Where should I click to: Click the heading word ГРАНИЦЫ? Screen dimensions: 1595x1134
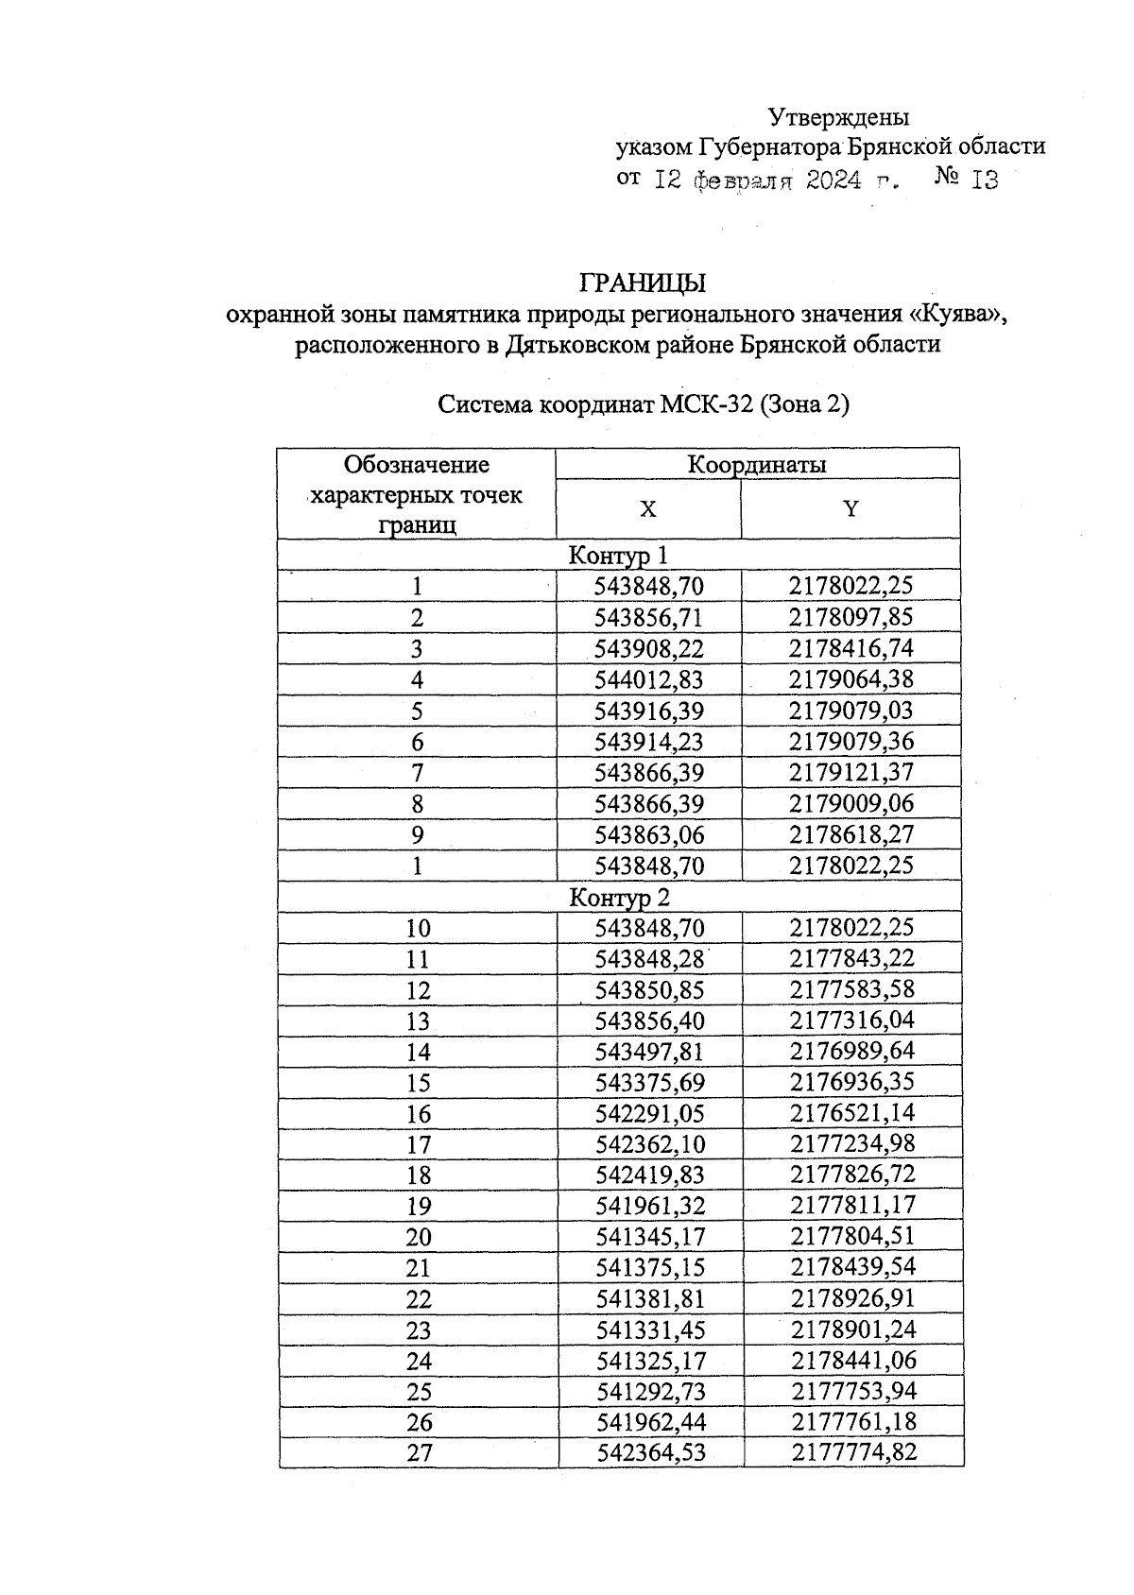[x=643, y=283]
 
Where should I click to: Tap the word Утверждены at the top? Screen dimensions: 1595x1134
[x=838, y=117]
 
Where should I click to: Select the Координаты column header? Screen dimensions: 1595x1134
[x=756, y=465]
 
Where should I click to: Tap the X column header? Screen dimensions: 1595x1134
[x=647, y=509]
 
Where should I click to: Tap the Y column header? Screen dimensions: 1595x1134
[x=850, y=509]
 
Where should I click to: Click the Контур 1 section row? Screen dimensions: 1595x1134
[x=618, y=555]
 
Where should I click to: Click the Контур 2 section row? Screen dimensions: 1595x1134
[x=618, y=897]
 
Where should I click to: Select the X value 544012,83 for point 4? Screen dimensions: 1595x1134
[x=649, y=679]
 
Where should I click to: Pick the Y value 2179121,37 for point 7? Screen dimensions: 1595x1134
[x=851, y=772]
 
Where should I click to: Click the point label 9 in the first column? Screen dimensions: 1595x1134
[x=417, y=834]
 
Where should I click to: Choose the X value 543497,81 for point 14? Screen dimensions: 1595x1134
[x=650, y=1051]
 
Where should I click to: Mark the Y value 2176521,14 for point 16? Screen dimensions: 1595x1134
[x=852, y=1112]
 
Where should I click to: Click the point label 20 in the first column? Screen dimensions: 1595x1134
[x=418, y=1236]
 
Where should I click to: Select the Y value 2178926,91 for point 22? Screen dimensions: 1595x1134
[x=853, y=1297]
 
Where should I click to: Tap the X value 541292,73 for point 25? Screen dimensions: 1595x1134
[x=651, y=1391]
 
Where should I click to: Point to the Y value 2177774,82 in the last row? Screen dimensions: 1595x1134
[x=854, y=1451]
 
